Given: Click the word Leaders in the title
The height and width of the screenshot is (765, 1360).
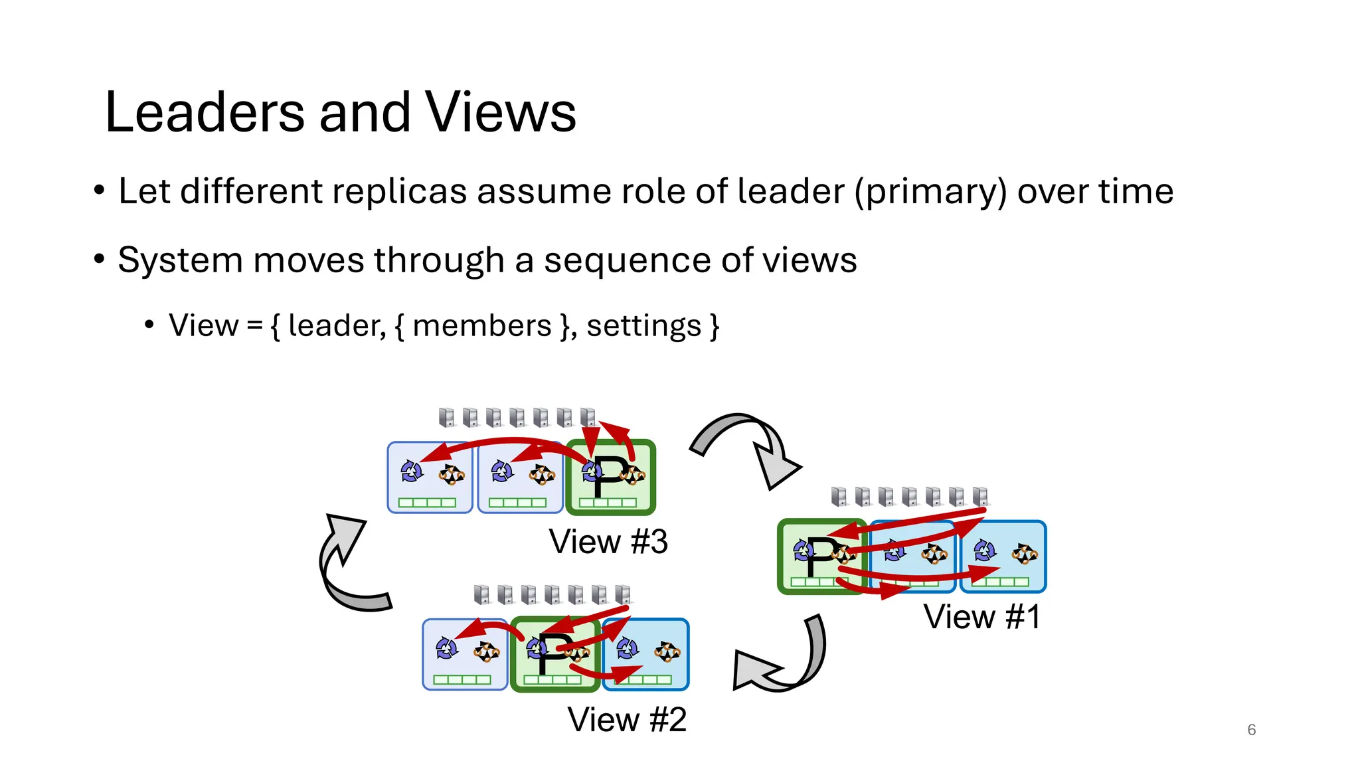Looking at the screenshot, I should tap(205, 112).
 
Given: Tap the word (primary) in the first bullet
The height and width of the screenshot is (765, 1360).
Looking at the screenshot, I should tap(930, 192).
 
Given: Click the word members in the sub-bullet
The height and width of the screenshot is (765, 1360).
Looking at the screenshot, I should tap(482, 326).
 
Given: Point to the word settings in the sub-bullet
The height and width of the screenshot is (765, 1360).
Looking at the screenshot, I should tap(643, 326).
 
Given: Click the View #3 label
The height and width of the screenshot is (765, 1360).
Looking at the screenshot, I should tap(608, 542).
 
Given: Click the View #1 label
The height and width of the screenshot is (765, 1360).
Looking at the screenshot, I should tap(981, 617).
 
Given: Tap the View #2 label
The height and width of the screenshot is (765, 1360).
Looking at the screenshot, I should tap(627, 720).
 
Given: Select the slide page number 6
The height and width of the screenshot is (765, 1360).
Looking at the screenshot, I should tap(1251, 730).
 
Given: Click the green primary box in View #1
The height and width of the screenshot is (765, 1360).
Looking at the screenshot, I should tap(822, 557).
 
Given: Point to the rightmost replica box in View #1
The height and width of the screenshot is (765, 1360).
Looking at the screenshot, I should tap(1003, 557).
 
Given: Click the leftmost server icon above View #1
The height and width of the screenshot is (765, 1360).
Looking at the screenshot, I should tap(839, 497).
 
